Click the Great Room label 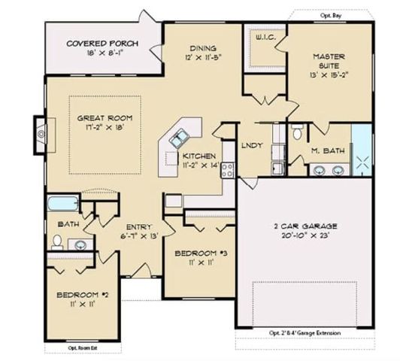pos(105,118)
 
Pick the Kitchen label pos(199,156)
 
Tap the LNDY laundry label pos(250,146)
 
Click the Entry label pos(140,226)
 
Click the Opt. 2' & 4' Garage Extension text pos(305,333)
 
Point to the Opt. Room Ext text pos(83,347)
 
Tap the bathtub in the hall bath pos(59,205)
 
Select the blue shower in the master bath pos(362,150)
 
